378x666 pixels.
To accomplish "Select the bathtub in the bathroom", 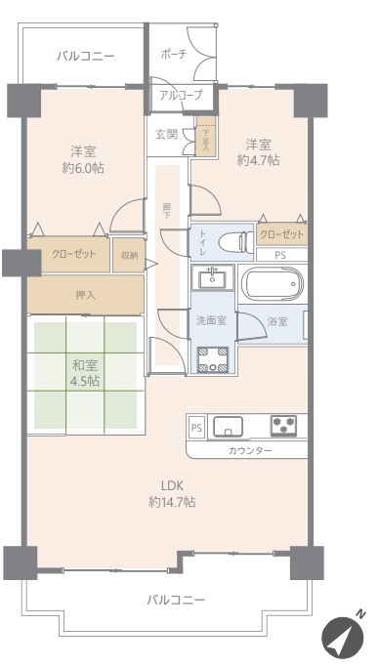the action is [272, 284].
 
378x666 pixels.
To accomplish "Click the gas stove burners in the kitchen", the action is [283, 425].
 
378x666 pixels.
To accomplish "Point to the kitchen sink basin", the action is [229, 426].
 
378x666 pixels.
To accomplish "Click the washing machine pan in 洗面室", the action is [213, 359].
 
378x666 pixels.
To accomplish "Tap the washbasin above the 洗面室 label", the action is [212, 277].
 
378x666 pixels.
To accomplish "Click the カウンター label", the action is [250, 450].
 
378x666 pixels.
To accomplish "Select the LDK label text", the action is [172, 485].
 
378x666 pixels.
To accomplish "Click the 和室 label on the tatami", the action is [85, 365].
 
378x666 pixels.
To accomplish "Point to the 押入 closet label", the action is [85, 295].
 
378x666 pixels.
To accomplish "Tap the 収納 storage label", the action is [129, 255].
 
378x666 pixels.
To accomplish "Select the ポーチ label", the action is [174, 54].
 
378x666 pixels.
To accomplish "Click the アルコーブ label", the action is [181, 95].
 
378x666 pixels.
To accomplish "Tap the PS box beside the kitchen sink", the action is [196, 428].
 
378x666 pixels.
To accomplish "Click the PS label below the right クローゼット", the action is [280, 255].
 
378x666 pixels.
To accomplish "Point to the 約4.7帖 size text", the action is [259, 160].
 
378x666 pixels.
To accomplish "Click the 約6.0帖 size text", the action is [83, 168].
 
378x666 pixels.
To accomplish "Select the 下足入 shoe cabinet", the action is [206, 136].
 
